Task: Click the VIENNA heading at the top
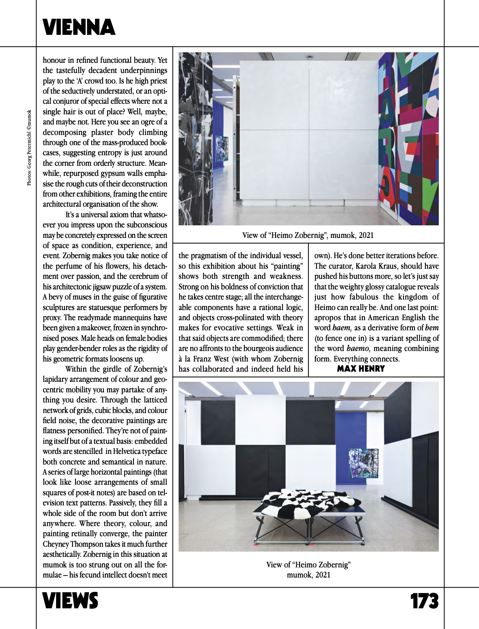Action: point(79,28)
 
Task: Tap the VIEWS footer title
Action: point(70,601)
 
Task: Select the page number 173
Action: point(424,601)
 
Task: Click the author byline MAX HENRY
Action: point(360,369)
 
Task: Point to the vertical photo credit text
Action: point(29,148)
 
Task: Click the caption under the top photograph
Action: point(308,235)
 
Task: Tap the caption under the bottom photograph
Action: point(309,569)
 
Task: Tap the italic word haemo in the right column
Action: point(358,349)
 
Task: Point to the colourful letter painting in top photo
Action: point(408,138)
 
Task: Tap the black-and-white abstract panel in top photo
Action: point(195,138)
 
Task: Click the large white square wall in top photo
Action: point(309,130)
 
